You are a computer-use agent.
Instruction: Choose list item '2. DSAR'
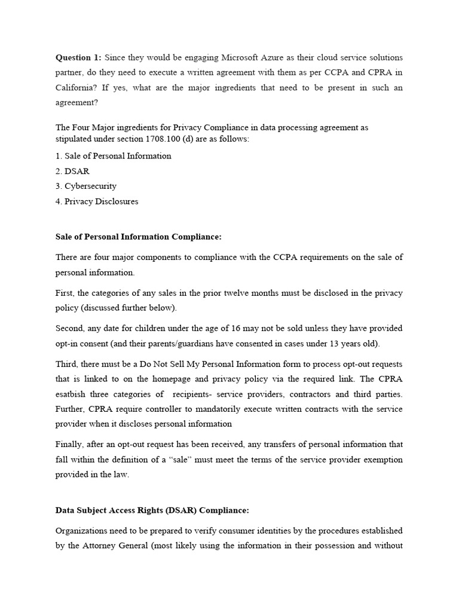coord(72,171)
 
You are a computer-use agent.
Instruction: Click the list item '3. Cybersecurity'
coord(85,186)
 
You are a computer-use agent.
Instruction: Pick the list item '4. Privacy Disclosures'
coord(97,201)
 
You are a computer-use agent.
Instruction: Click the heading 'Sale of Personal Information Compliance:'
coord(138,237)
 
